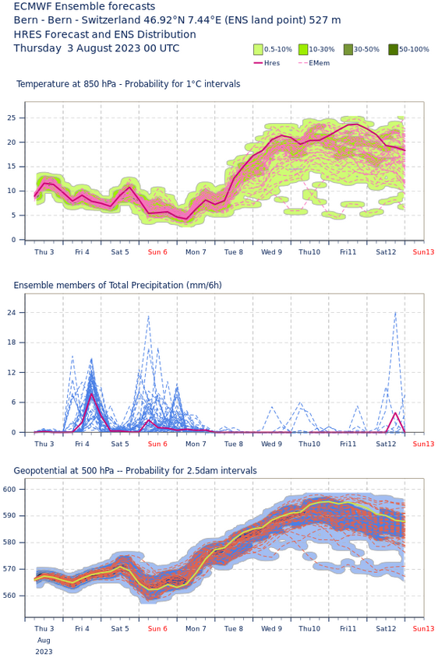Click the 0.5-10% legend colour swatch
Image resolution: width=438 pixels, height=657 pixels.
(x=258, y=50)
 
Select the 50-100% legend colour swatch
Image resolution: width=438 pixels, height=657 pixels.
(x=393, y=50)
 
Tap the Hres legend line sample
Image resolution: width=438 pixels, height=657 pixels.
(x=258, y=63)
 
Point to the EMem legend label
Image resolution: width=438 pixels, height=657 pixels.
(x=320, y=63)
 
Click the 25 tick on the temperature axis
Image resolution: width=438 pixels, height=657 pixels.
(x=11, y=118)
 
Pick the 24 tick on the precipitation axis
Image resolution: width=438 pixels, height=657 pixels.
(x=11, y=313)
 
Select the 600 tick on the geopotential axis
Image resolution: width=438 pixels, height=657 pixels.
(x=10, y=490)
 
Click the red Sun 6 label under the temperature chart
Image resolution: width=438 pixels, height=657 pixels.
(x=157, y=251)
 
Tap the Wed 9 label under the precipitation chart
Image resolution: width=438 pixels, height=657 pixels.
(x=271, y=444)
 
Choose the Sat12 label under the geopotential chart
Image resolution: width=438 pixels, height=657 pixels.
(x=386, y=628)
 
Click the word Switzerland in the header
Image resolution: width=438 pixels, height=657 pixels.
(x=105, y=20)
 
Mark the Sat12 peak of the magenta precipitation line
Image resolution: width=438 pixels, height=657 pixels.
(x=395, y=413)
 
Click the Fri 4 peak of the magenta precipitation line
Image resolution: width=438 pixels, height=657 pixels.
(x=91, y=393)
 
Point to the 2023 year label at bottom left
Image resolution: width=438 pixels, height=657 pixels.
(x=44, y=652)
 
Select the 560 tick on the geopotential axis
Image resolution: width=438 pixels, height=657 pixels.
(x=10, y=596)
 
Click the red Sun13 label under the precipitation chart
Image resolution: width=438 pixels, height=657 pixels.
(x=423, y=444)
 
